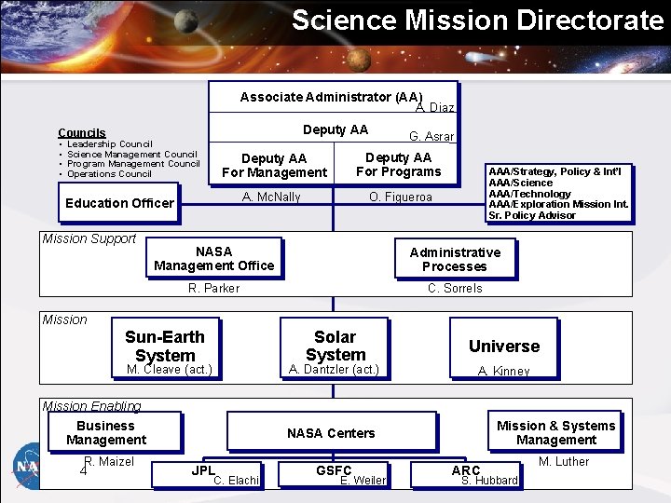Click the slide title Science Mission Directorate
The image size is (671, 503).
pos(477,20)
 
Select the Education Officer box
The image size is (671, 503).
pos(119,203)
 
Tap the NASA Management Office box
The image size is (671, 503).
pos(214,258)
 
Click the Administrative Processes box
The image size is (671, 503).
pos(455,259)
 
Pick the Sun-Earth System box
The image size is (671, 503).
pos(165,346)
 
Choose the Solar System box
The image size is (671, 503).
pos(335,346)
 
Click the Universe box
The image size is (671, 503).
pos(504,346)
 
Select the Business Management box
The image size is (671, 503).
pos(106,432)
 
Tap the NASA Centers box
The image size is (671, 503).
pos(331,433)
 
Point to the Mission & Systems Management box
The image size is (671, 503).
pos(556,432)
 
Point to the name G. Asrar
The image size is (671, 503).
pos(431,136)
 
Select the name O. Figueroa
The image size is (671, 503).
pos(401,197)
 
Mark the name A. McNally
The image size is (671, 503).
pos(271,197)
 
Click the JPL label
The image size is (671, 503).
pos(202,470)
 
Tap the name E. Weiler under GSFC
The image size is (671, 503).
pos(363,481)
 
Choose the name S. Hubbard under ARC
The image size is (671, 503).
pos(489,481)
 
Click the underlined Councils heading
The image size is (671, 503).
pos(82,133)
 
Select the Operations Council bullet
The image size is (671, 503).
pos(109,174)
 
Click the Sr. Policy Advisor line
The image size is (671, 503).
pos(532,215)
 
